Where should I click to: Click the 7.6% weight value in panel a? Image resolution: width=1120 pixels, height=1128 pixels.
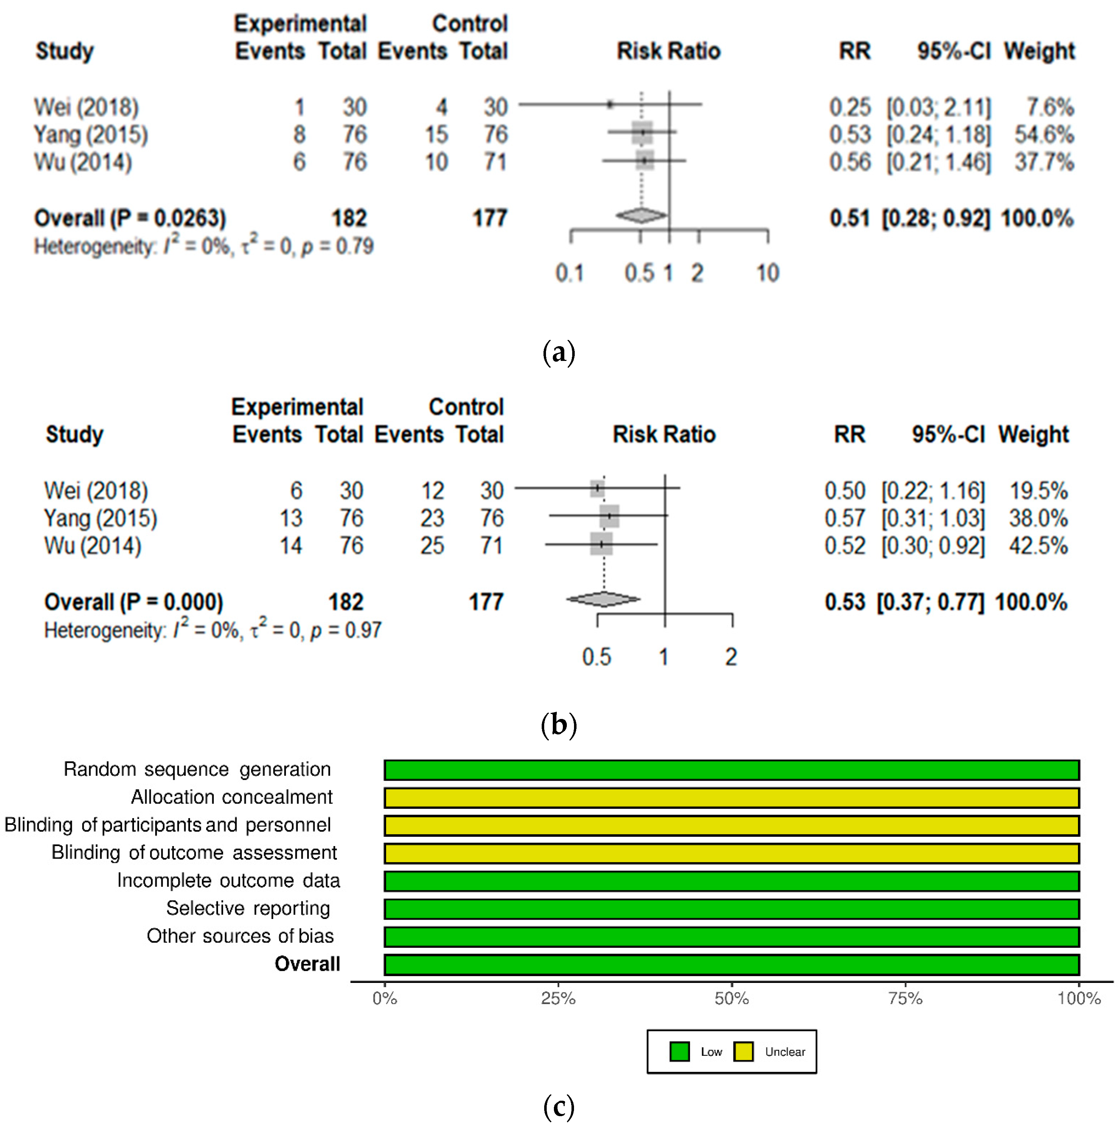[1049, 107]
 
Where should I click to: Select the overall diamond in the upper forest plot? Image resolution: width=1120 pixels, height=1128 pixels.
[640, 216]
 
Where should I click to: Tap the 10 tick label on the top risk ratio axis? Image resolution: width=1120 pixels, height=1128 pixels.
[767, 273]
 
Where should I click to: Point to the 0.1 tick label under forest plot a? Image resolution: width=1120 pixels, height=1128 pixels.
[569, 273]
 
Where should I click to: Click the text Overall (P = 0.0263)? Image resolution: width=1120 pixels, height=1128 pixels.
[130, 218]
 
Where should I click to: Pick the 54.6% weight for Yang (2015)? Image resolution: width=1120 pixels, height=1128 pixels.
[1043, 135]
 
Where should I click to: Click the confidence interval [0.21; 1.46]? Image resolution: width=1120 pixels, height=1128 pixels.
[938, 162]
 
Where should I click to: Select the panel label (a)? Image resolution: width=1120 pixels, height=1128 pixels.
[559, 353]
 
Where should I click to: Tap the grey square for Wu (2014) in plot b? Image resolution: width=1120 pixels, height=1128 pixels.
[601, 544]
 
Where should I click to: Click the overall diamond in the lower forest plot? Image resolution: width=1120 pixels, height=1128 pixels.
[603, 599]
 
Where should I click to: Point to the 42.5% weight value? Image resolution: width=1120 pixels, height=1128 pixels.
[1038, 546]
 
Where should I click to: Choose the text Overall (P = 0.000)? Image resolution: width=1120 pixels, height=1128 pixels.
[134, 602]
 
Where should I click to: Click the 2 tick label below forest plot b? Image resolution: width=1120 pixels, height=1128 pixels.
[731, 658]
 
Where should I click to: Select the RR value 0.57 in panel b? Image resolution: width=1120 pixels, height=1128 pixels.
[844, 519]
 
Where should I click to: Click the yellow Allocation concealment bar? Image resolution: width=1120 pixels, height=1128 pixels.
[731, 798]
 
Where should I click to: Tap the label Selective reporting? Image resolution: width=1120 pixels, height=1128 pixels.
[248, 909]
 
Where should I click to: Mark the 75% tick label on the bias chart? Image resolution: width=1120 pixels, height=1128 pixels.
[905, 998]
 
